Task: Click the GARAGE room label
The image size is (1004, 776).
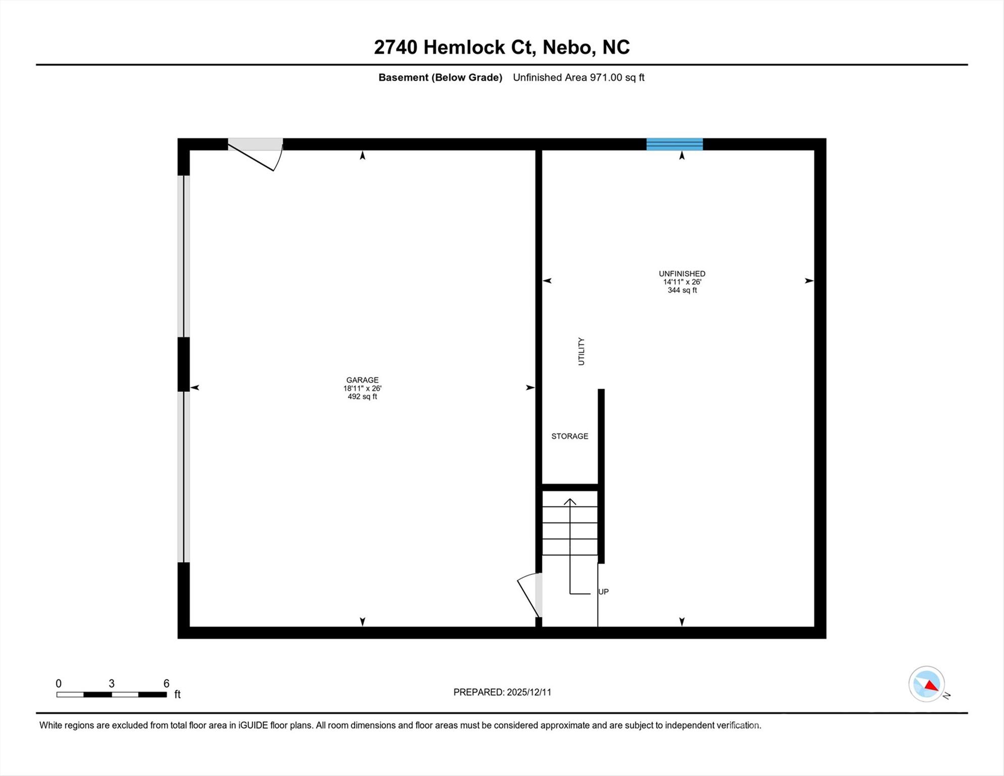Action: [x=362, y=380]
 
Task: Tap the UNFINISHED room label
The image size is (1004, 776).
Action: [x=682, y=274]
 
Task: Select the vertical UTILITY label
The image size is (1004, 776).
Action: [x=581, y=352]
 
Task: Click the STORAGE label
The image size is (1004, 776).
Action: [x=570, y=436]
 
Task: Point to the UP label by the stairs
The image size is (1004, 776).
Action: [x=604, y=592]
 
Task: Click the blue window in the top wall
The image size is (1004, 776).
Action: [x=675, y=144]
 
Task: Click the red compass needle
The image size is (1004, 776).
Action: [x=932, y=686]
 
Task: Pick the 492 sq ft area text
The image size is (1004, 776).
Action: [x=362, y=397]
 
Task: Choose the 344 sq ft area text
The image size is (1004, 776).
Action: [x=682, y=290]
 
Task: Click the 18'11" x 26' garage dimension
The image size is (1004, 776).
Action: [x=362, y=389]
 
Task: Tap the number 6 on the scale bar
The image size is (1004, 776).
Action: [x=166, y=684]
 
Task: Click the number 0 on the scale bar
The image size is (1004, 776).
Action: [x=59, y=684]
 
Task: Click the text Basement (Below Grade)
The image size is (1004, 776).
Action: [x=440, y=77]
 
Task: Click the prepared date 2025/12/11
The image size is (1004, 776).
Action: [x=529, y=692]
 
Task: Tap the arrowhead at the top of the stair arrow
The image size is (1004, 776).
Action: [x=570, y=501]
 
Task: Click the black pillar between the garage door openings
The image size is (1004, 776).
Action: [x=183, y=364]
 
